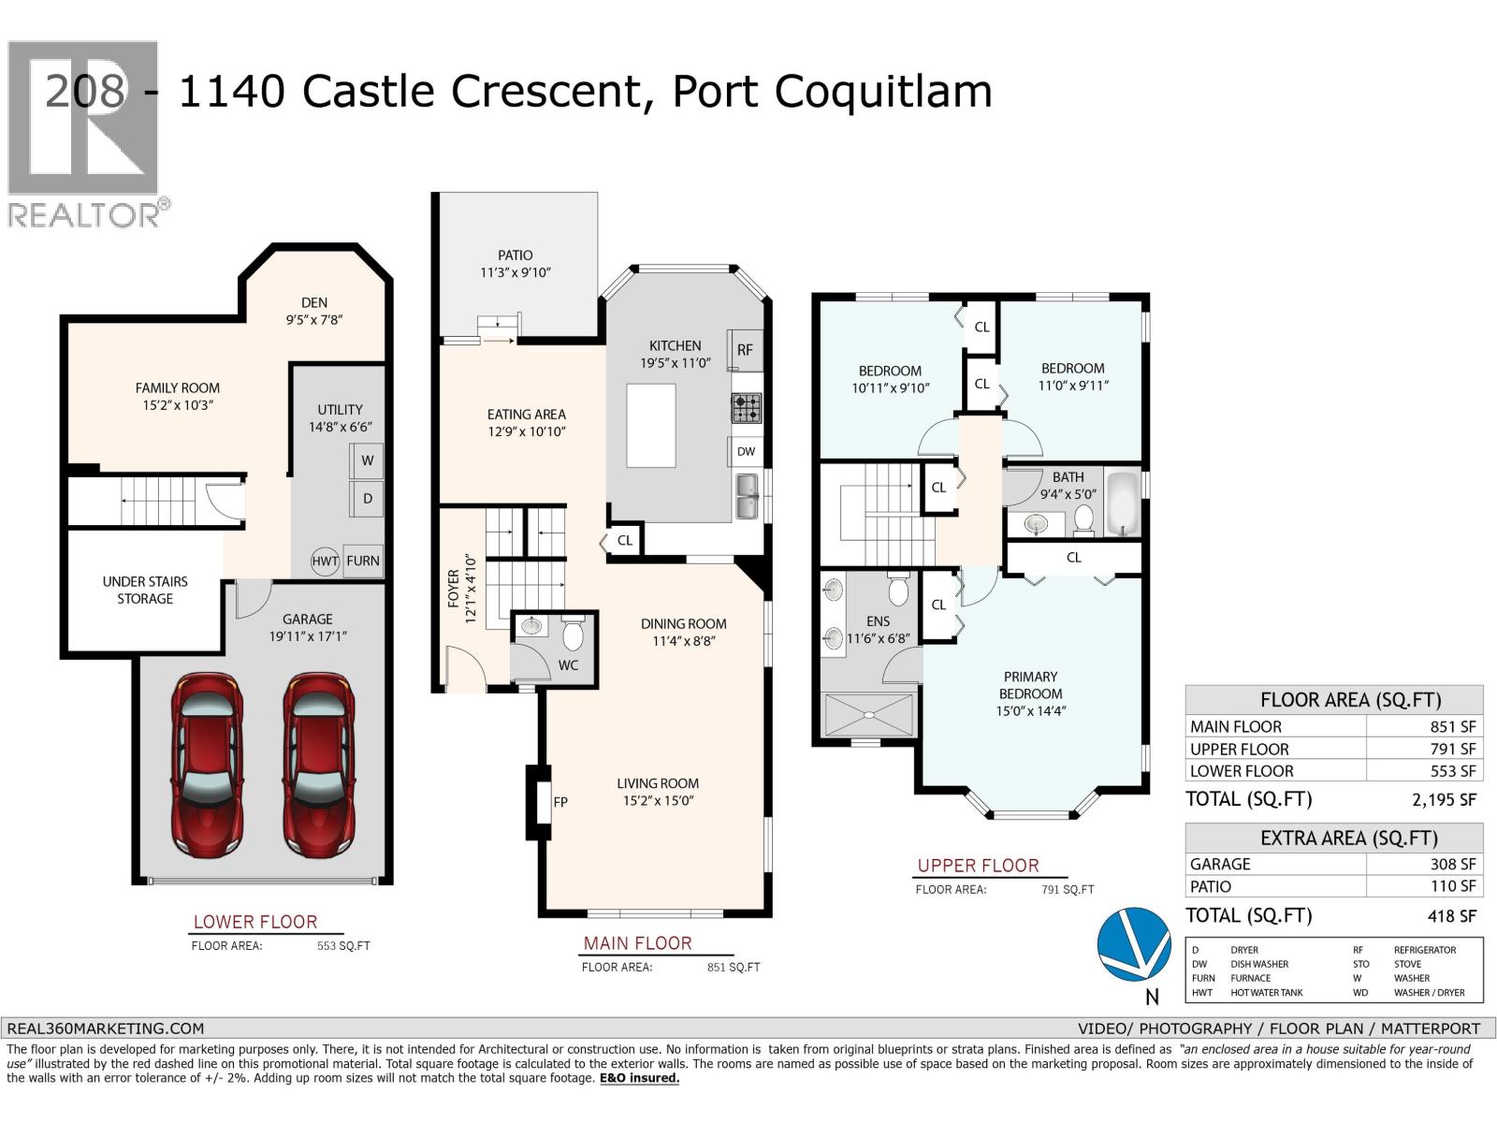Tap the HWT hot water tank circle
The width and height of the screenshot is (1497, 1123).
(325, 561)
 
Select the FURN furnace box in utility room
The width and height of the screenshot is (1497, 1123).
(363, 561)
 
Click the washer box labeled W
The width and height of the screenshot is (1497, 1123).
(367, 460)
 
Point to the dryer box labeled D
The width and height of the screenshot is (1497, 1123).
(367, 499)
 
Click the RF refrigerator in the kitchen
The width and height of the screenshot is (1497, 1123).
(745, 350)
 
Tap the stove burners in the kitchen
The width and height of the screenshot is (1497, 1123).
(746, 408)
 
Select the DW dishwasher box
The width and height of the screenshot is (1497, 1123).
(746, 451)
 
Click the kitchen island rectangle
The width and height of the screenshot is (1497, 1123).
(651, 425)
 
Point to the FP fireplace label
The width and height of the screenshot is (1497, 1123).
(560, 802)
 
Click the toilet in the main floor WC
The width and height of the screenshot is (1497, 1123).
(574, 635)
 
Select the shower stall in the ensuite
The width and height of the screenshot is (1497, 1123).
(868, 715)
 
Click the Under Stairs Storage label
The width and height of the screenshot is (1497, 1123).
(145, 590)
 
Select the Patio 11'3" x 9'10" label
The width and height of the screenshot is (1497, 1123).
(515, 263)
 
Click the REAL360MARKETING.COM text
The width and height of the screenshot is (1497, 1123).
(105, 1028)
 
